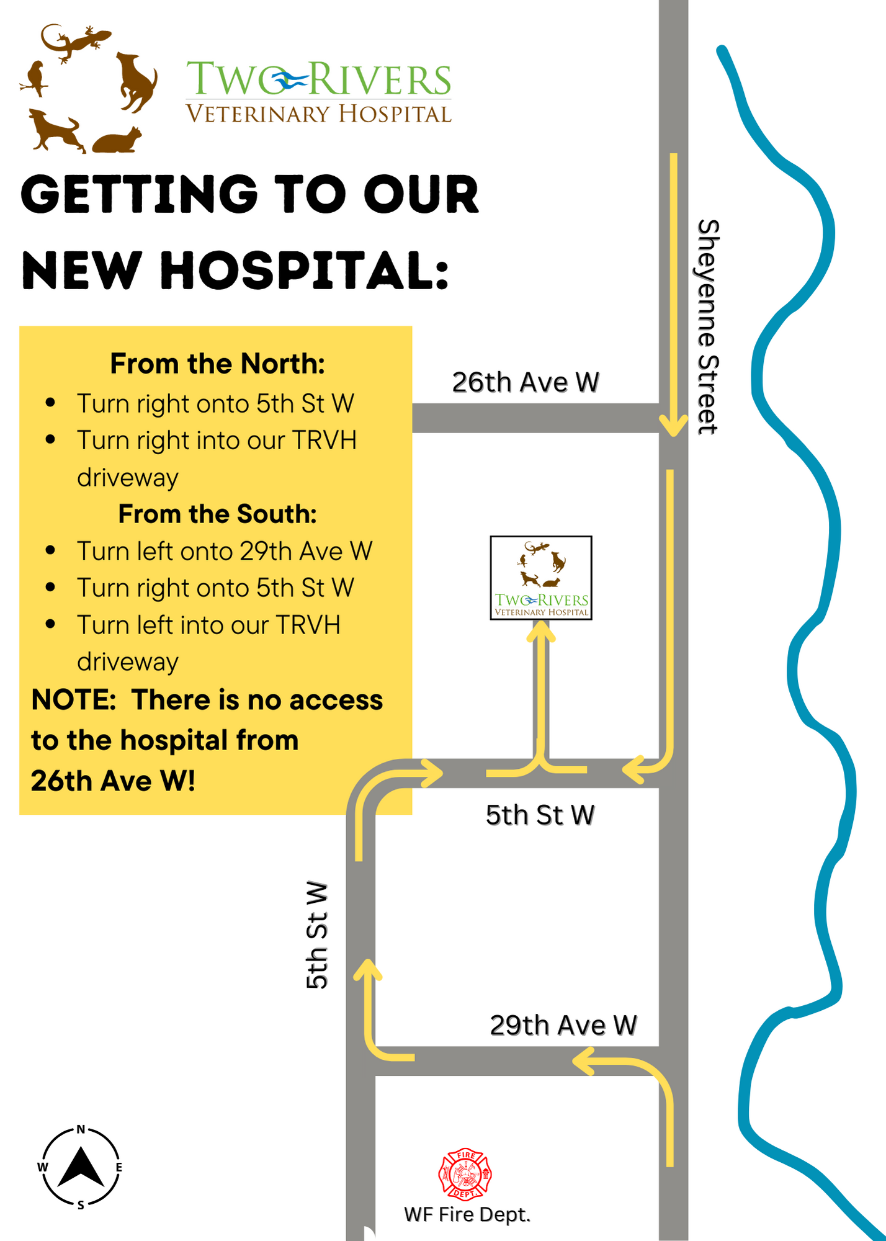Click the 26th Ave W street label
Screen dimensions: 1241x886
coord(525,382)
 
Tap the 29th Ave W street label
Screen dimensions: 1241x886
coord(563,1025)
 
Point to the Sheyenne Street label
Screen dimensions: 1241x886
coord(707,327)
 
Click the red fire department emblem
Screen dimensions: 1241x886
coord(465,1173)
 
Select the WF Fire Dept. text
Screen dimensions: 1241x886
coord(467,1214)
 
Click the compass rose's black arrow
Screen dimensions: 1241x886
coord(81,1167)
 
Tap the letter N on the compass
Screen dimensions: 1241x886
coord(81,1129)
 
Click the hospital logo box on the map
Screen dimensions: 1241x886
coord(541,578)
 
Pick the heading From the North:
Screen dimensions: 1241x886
coord(217,364)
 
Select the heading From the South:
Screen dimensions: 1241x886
coord(217,514)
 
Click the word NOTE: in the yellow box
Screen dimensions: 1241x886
coord(73,700)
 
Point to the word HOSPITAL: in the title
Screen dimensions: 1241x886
coord(304,271)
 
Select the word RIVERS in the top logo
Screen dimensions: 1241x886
coord(380,80)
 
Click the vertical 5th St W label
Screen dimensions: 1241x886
coord(316,934)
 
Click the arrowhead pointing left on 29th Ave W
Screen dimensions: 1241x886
coord(583,1060)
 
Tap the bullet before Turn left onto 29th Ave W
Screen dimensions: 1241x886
coord(51,550)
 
